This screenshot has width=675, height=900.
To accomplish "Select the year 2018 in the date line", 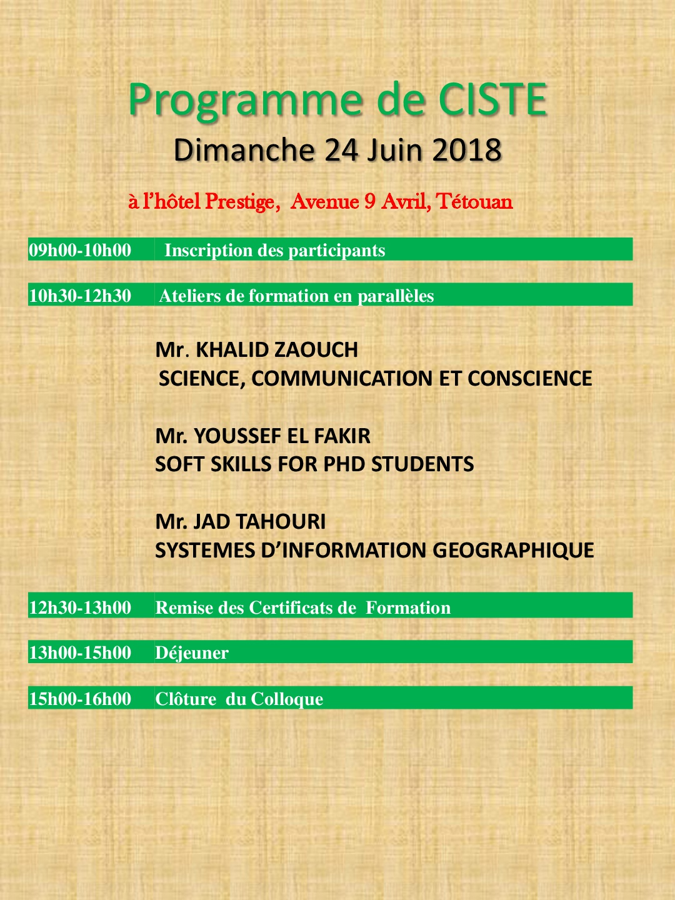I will tap(467, 150).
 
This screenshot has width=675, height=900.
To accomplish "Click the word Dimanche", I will tap(244, 150).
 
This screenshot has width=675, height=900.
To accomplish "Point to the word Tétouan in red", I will tap(474, 201).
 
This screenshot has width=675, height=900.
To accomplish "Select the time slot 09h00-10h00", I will tap(80, 250).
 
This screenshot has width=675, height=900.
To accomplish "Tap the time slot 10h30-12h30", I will tap(80, 296).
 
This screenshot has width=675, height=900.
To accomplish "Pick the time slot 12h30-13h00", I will tap(80, 607).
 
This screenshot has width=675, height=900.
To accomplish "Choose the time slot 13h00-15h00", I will tap(80, 652).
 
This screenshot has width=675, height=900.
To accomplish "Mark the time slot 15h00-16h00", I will tap(80, 699).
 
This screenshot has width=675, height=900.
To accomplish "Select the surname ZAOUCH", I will tap(316, 349).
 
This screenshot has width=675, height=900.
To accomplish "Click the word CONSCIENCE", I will tap(529, 378).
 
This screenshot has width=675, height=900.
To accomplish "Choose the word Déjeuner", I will tap(192, 653).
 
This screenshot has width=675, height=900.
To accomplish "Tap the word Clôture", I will tap(186, 699).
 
